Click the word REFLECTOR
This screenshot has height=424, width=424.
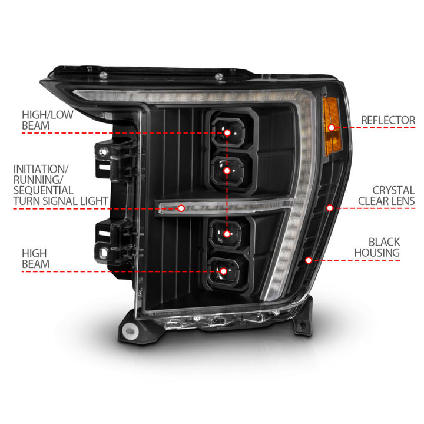point(388,120)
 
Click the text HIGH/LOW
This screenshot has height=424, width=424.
point(48,115)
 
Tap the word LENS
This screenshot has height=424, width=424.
point(402,201)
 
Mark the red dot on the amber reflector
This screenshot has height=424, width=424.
point(332,127)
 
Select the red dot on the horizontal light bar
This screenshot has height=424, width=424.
point(181,208)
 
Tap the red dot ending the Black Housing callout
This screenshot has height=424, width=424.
point(309,260)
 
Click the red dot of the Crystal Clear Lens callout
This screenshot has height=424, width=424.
point(330,208)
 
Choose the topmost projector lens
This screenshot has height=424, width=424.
point(227,132)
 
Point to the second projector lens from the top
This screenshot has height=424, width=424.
point(227,170)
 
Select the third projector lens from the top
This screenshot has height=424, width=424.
point(227,234)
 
